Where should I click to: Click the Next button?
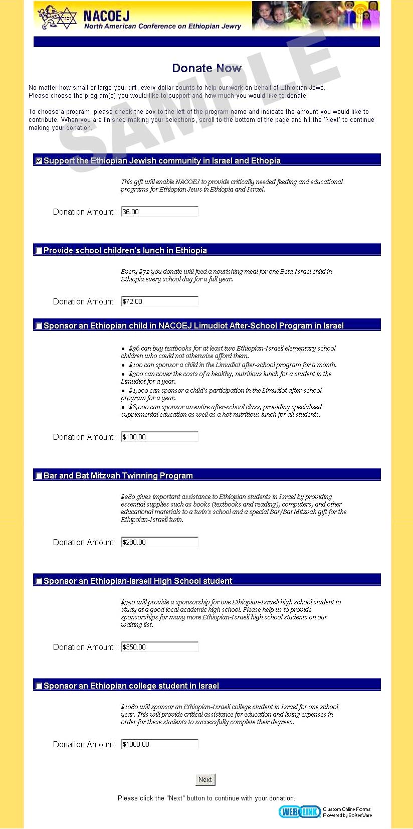click(205, 779)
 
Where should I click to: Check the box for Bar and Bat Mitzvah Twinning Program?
click(39, 476)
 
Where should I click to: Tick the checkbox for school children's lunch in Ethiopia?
click(39, 251)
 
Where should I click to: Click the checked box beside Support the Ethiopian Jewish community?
click(39, 161)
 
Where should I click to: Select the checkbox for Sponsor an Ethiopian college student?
click(39, 686)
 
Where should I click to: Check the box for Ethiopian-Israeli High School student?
click(39, 581)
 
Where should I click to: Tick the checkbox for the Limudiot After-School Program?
click(39, 326)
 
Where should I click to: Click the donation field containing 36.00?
click(159, 212)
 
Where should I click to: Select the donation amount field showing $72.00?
click(159, 301)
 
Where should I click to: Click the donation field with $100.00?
click(159, 437)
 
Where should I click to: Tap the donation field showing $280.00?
click(159, 542)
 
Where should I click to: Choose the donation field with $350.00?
click(159, 647)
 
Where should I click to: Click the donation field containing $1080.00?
click(159, 744)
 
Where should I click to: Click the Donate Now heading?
click(207, 68)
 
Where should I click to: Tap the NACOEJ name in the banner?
click(106, 16)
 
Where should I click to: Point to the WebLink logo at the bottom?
click(299, 812)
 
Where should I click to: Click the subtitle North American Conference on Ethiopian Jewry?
click(162, 27)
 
